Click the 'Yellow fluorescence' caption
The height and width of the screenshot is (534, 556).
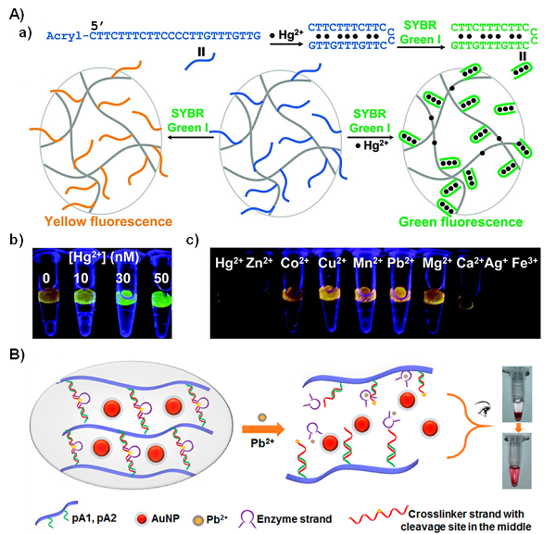pos(108,222)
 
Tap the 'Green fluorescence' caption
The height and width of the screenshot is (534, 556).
pos(461,222)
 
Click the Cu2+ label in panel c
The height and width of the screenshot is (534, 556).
pos(333,263)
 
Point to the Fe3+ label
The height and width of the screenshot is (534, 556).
pos(524,263)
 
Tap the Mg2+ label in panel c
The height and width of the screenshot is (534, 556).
pos(437,263)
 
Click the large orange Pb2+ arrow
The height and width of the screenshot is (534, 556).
pos(263,429)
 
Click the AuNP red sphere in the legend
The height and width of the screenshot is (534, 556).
pos(141,519)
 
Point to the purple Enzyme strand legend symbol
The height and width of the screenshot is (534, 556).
pos(246,519)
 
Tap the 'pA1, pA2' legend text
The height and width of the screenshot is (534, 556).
pos(95,518)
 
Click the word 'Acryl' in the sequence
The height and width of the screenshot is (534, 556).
pos(66,36)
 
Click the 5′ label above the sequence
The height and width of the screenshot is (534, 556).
pos(97,26)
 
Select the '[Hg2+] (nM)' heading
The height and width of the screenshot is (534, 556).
pos(104,257)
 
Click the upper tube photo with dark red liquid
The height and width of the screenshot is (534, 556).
pos(517,394)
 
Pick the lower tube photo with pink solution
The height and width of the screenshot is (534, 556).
pos(517,461)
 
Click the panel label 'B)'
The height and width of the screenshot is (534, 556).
pos(17,355)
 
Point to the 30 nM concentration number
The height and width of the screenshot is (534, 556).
pos(123,279)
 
